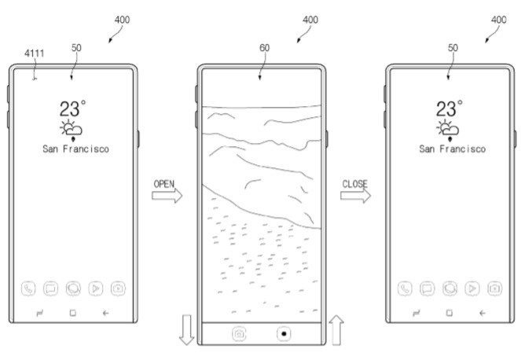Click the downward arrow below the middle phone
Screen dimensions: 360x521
[x=187, y=329]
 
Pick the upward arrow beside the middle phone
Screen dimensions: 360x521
[x=336, y=329]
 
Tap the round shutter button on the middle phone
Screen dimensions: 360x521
[x=284, y=333]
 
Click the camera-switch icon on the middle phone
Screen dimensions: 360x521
[x=238, y=333]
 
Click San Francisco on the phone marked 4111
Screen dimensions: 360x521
[x=75, y=149]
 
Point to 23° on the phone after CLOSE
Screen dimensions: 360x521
[x=449, y=108]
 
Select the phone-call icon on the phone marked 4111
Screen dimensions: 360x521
[x=28, y=288]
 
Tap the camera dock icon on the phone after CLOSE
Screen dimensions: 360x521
[x=495, y=288]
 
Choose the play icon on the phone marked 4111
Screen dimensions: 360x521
[x=97, y=288]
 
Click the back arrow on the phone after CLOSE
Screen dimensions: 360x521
[x=482, y=312]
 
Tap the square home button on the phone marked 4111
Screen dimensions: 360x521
[x=72, y=312]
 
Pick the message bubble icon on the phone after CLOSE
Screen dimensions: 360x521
[x=427, y=288]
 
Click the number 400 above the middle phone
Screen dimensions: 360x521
[x=310, y=18]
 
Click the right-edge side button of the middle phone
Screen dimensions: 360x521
[x=327, y=139]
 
